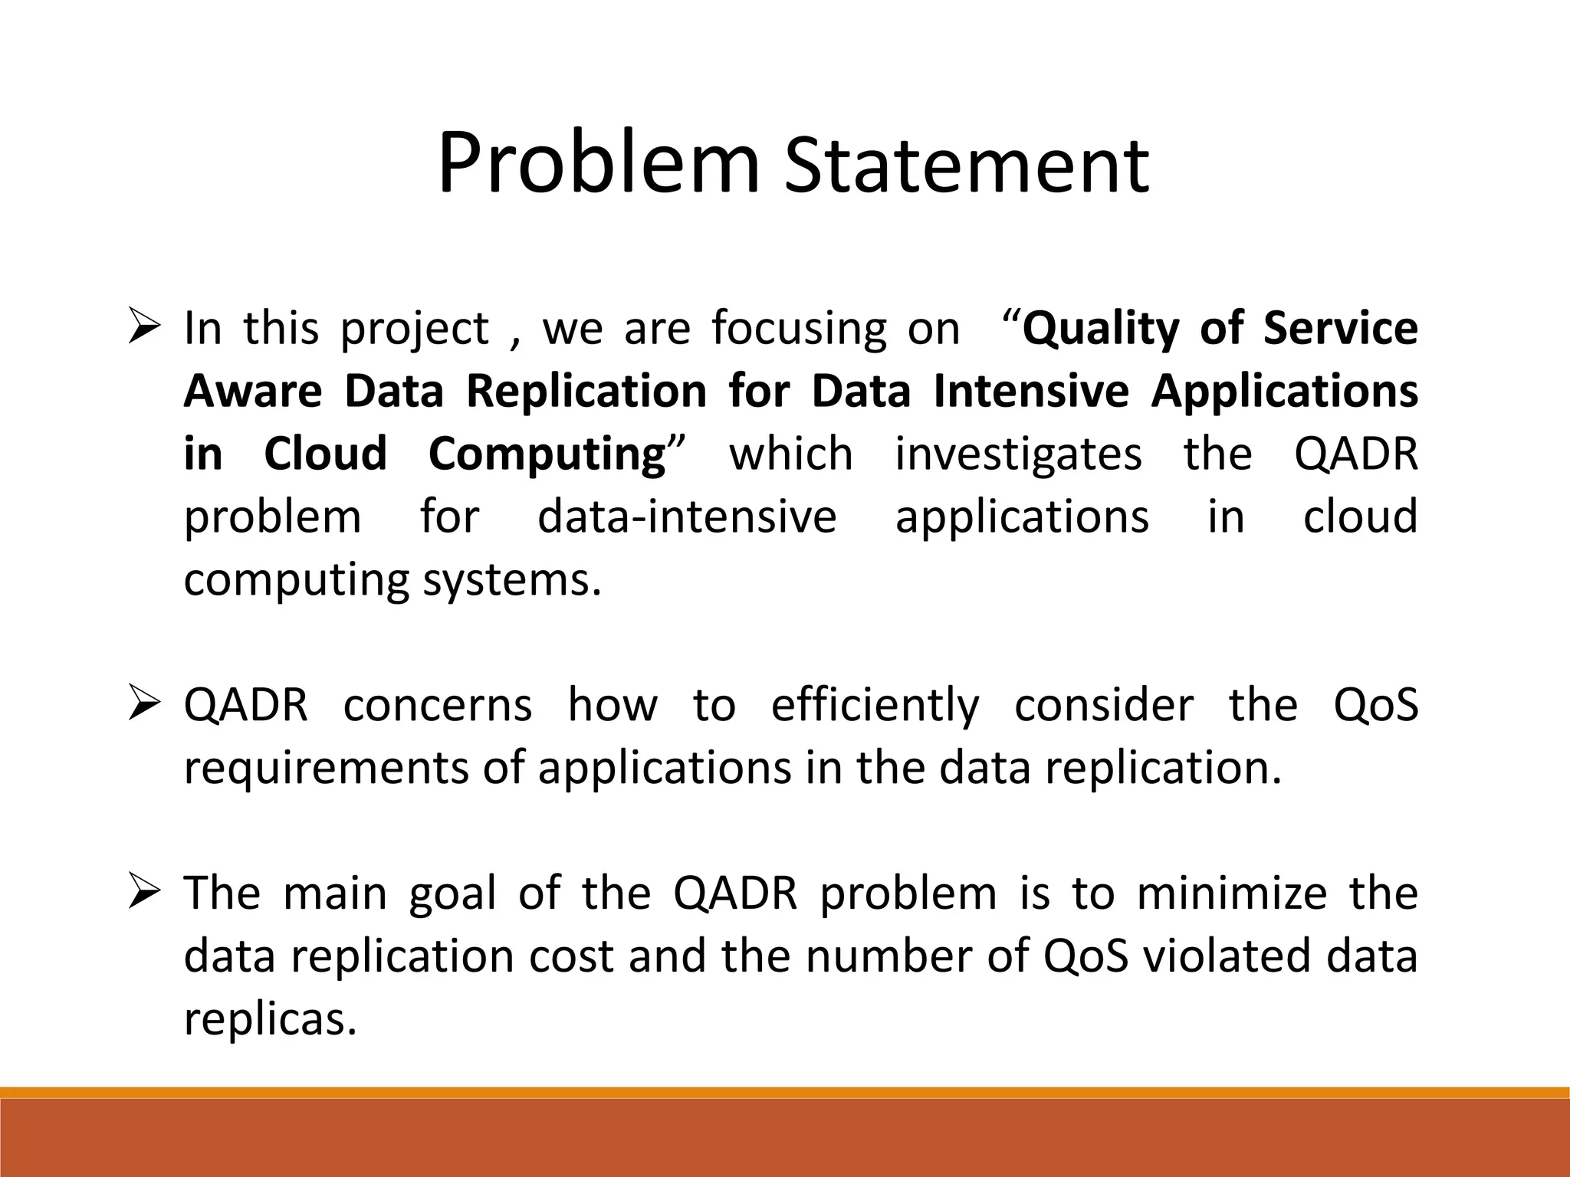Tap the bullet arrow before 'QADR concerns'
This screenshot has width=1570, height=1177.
coord(143,706)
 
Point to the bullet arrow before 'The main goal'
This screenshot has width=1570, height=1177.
coord(143,894)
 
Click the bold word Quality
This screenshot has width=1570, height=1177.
coord(1101,329)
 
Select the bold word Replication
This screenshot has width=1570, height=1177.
coord(586,391)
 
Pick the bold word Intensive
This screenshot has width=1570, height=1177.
coord(1031,391)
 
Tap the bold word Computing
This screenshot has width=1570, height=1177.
coord(547,454)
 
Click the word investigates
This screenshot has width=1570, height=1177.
coord(1018,454)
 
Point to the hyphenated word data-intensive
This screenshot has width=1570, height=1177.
coord(687,516)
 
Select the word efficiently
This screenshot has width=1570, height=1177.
coord(875,706)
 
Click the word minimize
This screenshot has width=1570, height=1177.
coord(1231,894)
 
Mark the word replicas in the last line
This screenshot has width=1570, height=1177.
coord(271,1020)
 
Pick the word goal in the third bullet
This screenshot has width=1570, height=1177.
coord(453,894)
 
